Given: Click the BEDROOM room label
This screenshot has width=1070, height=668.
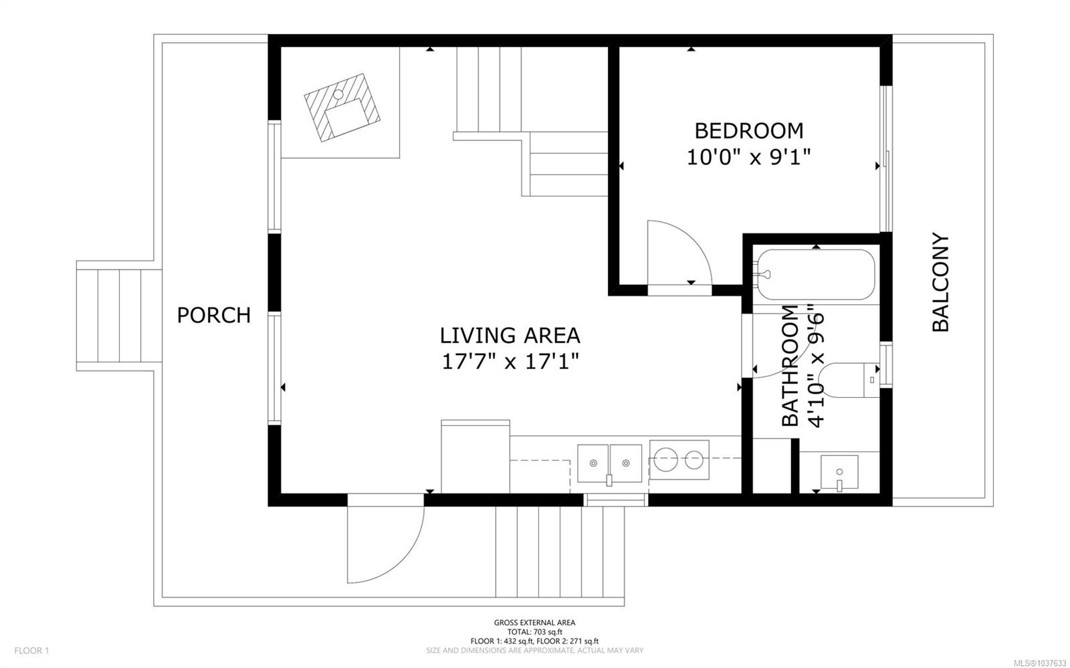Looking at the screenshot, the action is tap(748, 131).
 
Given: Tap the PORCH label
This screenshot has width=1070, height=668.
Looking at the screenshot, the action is tap(214, 315).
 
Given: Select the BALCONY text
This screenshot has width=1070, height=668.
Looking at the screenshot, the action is tap(940, 282).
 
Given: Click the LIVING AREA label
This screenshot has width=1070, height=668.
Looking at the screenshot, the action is tap(510, 336).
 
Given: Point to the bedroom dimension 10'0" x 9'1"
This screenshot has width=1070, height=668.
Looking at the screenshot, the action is tap(748, 157).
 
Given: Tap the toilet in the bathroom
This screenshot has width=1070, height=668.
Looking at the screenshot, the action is tap(850, 380).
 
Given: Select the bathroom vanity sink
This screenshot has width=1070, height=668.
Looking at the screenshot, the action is tap(839, 473).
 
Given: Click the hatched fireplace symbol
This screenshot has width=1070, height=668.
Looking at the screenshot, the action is tap(342, 108).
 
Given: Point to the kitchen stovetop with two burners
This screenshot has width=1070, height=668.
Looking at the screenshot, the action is tap(679, 460).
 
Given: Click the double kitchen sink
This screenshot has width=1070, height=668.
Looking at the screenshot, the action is tap(609, 463).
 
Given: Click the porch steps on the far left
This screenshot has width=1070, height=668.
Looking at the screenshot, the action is tap(119, 316).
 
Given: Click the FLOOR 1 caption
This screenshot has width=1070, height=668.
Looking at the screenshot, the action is tap(31, 651).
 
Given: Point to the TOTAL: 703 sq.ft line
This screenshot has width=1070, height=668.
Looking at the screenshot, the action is tap(534, 632).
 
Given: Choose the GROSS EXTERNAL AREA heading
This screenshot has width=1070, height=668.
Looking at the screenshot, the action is tap(534, 623).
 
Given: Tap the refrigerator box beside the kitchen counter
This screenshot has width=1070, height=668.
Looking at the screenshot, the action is tap(475, 457).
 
